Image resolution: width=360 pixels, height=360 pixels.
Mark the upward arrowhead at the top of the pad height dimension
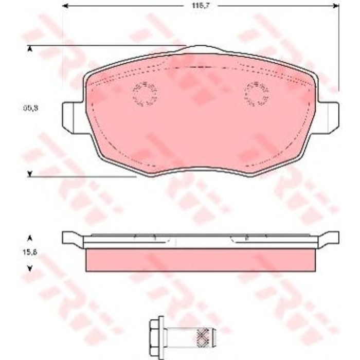pos(30,49)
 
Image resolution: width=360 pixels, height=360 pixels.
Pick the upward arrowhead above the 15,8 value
pos(30,238)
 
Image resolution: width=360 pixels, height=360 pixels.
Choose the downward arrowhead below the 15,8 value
pos(30,267)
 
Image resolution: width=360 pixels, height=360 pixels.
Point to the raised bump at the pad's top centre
pos(201,49)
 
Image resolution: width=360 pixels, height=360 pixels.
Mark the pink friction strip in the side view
pos(201,260)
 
